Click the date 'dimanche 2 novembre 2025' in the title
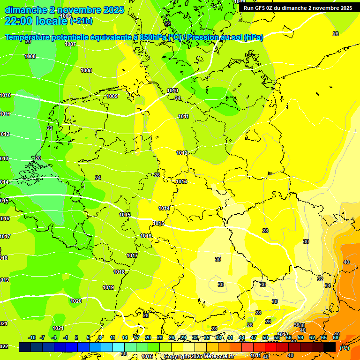click(65, 10)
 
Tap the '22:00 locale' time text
click(37, 21)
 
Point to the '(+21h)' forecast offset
click(81, 21)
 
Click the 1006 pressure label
click(66, 16)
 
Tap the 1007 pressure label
click(70, 44)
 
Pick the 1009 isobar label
click(112, 96)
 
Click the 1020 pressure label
click(76, 301)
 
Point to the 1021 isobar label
click(58, 328)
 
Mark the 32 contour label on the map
click(320, 278)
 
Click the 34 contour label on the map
click(328, 285)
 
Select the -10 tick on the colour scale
click(32, 337)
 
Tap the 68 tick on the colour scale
click(336, 337)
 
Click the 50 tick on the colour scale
click(265, 337)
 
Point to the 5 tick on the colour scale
click(88, 337)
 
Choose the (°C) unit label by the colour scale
click(345, 348)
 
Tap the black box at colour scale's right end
click(330, 347)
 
